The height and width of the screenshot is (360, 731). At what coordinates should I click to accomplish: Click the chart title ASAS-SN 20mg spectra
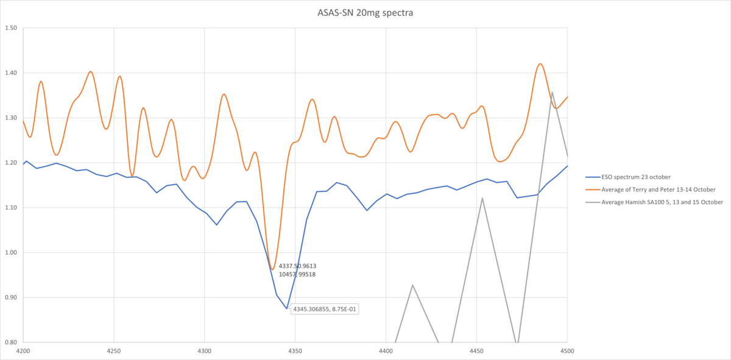pos(365,12)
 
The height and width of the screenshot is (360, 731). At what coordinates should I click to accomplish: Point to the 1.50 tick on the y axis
pos(10,28)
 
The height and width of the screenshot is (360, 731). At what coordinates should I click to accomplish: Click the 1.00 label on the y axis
pos(10,253)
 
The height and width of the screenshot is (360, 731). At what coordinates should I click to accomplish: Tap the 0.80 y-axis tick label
pos(10,342)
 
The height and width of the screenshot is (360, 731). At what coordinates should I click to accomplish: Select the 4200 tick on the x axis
pos(23,351)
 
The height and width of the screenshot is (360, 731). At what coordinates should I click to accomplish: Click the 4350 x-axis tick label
pos(295,351)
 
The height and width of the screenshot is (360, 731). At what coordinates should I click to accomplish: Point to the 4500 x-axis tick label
pos(567,351)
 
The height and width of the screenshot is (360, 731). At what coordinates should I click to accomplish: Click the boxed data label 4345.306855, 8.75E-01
pos(325,309)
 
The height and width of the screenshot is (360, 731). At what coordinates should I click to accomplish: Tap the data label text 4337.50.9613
pos(297,266)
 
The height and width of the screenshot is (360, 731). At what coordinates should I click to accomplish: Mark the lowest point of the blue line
pos(287,308)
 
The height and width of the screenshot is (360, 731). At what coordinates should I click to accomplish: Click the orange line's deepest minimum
pos(272,269)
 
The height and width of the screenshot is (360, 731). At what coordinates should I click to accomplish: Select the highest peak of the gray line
pos(552,93)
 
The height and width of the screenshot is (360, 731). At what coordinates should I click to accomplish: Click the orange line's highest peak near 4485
pos(540,63)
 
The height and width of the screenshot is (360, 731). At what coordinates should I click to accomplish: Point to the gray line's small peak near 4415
pos(412,284)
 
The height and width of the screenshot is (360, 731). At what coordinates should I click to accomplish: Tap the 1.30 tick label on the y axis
pos(10,118)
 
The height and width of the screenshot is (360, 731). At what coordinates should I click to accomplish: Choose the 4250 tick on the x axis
pos(114,351)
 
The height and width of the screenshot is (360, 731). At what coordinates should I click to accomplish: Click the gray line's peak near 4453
pos(482,198)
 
